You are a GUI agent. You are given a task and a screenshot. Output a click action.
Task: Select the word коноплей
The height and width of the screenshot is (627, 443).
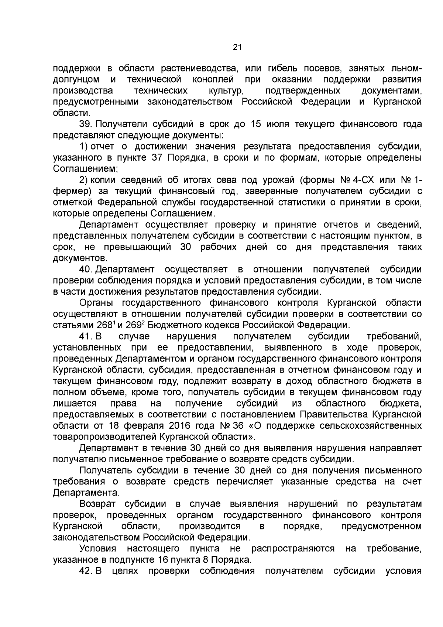point(213,80)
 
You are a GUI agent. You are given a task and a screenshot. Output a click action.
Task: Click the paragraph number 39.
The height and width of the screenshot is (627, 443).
point(86,124)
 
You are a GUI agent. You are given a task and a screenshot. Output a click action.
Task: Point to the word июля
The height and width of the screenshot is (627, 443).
point(276,124)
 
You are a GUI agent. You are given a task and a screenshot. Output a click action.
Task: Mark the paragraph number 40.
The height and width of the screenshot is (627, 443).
point(86,270)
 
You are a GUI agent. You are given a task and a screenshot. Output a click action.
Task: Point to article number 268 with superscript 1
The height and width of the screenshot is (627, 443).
point(106,325)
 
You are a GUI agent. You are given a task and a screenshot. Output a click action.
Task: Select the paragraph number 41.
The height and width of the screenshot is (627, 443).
point(86,336)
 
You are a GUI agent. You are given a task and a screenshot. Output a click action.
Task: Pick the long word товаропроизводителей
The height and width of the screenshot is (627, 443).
point(105,437)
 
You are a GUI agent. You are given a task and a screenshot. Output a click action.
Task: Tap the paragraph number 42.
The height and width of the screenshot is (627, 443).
point(86,571)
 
